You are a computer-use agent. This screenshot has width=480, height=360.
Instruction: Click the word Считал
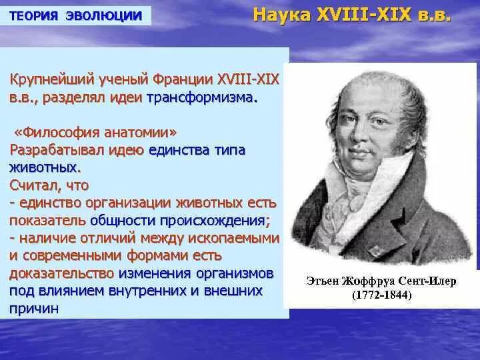tap(34, 185)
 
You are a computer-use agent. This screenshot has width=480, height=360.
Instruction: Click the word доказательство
tap(61, 273)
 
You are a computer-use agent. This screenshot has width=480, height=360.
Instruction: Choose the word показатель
tap(47, 220)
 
